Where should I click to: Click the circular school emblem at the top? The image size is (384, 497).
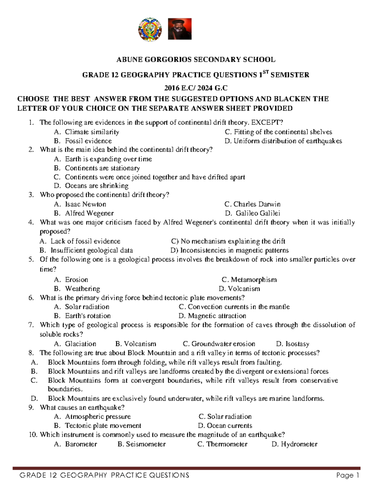click(150, 29)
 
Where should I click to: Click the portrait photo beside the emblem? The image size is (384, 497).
click(180, 29)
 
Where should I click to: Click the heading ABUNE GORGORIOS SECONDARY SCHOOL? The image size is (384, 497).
click(196, 60)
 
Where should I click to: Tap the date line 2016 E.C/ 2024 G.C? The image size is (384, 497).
click(196, 88)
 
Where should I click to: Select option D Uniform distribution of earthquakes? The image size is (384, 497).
click(283, 141)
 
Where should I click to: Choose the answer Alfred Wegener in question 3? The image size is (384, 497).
click(89, 213)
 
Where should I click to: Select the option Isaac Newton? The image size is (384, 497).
click(85, 204)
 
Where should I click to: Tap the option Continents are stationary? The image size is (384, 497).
click(102, 168)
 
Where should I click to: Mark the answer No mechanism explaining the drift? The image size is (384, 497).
click(228, 241)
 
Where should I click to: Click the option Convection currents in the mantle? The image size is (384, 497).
click(234, 307)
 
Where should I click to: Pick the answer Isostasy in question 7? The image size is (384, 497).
click(292, 344)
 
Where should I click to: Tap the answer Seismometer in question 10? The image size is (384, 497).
click(142, 444)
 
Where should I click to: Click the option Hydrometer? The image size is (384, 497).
click(294, 444)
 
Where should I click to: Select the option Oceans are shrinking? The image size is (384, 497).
click(96, 186)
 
